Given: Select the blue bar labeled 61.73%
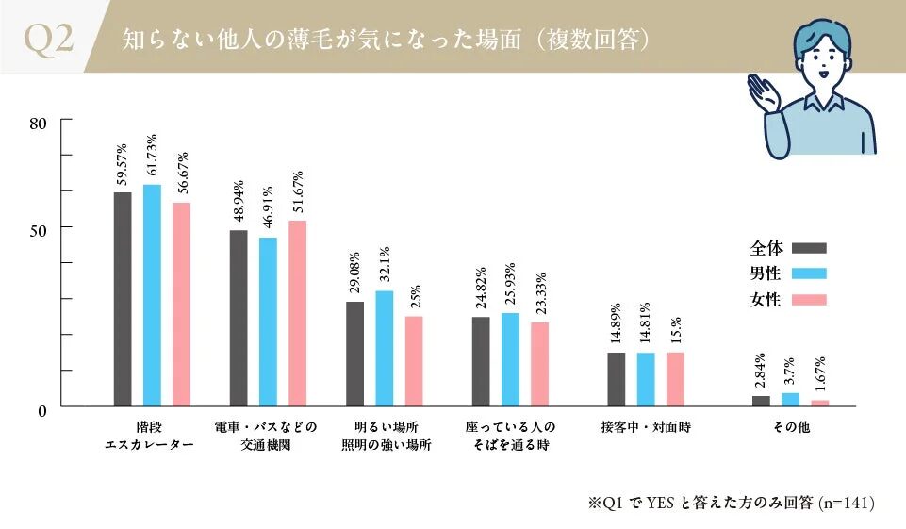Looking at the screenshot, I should tap(152, 295).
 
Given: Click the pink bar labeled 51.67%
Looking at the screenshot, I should tap(298, 313).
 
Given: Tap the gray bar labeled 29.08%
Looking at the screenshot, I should tap(355, 354).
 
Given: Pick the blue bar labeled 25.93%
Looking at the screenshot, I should tap(510, 359).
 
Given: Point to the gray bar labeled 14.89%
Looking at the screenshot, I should tap(617, 379).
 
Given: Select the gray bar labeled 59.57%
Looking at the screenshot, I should tap(123, 299).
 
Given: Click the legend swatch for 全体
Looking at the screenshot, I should tap(809, 249).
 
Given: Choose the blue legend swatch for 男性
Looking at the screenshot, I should tap(809, 274).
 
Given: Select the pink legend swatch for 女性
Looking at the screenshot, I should tap(809, 300).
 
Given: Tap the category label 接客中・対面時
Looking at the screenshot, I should tap(646, 427).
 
